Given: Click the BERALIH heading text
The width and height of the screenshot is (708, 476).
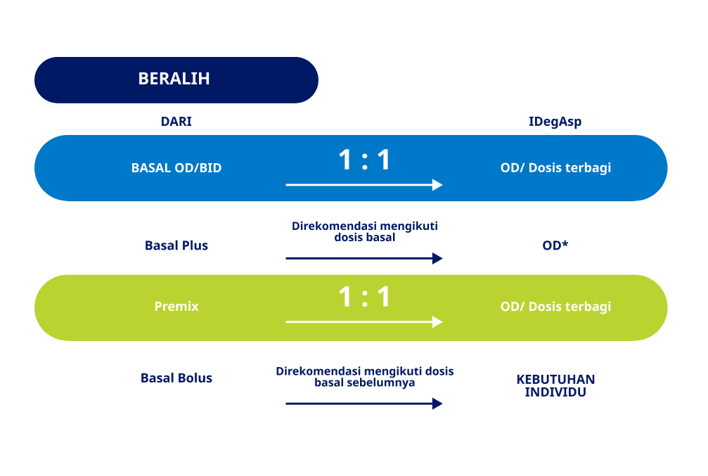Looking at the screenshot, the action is pyautogui.click(x=174, y=79).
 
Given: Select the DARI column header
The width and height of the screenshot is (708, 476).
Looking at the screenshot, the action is pyautogui.click(x=176, y=122).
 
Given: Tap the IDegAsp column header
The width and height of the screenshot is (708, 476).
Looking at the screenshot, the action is pyautogui.click(x=555, y=122).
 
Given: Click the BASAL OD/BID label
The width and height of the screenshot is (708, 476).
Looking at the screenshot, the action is pyautogui.click(x=176, y=168).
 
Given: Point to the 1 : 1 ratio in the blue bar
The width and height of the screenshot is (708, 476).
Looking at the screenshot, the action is pyautogui.click(x=364, y=160).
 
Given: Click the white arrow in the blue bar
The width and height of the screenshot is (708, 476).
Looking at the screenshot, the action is pyautogui.click(x=364, y=185).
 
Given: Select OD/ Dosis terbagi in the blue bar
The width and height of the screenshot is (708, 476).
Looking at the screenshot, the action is pyautogui.click(x=555, y=168).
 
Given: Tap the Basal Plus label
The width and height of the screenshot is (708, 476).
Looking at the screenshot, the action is pyautogui.click(x=176, y=245).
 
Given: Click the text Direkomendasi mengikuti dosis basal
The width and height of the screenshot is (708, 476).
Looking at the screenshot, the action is pyautogui.click(x=364, y=232).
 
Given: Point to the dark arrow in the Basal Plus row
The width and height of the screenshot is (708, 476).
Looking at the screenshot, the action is pyautogui.click(x=364, y=258).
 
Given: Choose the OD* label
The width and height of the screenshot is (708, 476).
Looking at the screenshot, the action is pyautogui.click(x=555, y=245).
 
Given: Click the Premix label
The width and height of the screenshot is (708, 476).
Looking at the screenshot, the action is pyautogui.click(x=176, y=306).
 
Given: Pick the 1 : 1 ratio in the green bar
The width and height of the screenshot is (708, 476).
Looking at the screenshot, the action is pyautogui.click(x=364, y=297).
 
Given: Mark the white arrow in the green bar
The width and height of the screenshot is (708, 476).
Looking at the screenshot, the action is pyautogui.click(x=364, y=322).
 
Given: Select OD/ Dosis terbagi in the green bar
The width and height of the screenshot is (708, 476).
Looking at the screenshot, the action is pyautogui.click(x=555, y=307).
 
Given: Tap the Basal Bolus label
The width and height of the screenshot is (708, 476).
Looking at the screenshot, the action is pyautogui.click(x=176, y=378).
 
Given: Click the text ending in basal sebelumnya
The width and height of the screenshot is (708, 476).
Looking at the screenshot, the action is pyautogui.click(x=364, y=377).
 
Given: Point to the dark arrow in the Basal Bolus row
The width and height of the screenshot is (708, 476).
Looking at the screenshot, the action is pyautogui.click(x=364, y=404).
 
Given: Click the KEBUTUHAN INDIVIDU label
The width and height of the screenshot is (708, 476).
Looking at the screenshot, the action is pyautogui.click(x=555, y=386).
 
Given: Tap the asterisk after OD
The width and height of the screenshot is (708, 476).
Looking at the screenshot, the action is pyautogui.click(x=565, y=243).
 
